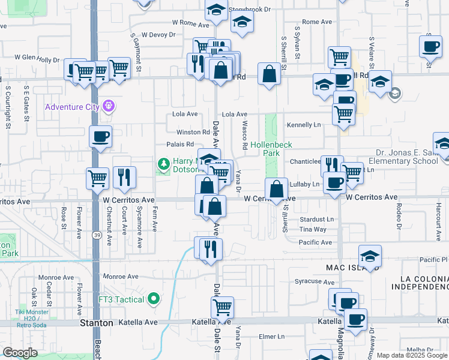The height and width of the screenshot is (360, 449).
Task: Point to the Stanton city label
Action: point(97,323)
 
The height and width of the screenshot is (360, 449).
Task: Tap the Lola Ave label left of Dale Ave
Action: point(185,114)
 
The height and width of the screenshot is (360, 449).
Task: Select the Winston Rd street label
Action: point(193,132)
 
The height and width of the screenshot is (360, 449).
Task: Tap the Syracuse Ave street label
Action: point(315,281)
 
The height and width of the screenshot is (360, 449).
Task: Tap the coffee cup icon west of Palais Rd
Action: point(100,136)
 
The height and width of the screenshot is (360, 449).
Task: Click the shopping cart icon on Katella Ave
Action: point(222,308)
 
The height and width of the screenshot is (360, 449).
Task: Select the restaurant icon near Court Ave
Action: point(124,176)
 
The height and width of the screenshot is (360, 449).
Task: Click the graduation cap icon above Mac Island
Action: point(370,256)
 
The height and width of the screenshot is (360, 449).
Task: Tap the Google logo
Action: point(20,352)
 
